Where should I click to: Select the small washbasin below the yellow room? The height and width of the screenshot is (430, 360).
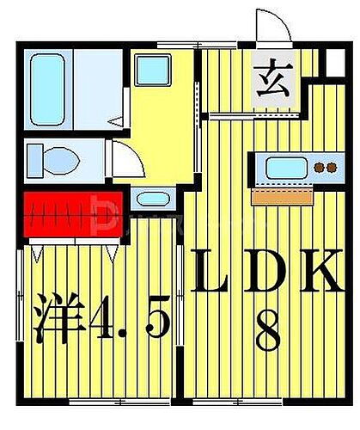(x=154, y=200)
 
